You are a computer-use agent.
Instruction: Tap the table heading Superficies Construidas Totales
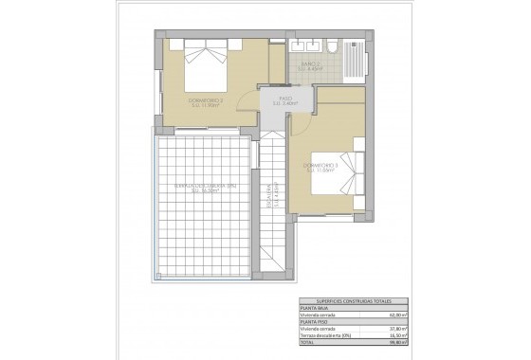click(350, 299)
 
